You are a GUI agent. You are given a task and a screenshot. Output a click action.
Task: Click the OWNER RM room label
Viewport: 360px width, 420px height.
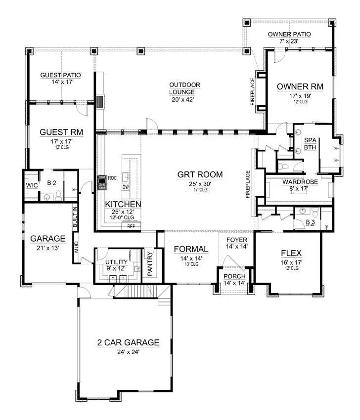[x=300, y=86]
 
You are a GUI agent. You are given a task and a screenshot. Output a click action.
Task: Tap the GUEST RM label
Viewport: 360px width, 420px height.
[x=61, y=132]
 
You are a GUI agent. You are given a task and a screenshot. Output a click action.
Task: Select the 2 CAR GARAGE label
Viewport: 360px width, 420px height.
[x=128, y=342]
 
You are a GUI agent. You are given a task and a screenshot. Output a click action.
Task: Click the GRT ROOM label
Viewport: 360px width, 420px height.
[x=200, y=174]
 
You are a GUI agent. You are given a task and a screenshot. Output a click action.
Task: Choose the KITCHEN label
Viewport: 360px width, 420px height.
[x=124, y=204]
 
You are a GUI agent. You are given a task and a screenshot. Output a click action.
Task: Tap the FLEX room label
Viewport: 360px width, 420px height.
[x=291, y=253]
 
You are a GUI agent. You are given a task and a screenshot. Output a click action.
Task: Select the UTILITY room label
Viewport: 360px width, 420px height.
[x=117, y=261]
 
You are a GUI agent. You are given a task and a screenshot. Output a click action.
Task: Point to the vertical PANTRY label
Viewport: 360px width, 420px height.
[x=150, y=264]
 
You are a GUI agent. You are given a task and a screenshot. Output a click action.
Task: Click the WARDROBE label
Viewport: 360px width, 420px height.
[x=296, y=182]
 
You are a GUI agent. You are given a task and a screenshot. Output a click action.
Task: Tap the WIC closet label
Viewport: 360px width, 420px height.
[x=32, y=185]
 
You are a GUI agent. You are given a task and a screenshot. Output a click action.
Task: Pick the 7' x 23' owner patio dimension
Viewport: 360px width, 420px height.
[x=289, y=42]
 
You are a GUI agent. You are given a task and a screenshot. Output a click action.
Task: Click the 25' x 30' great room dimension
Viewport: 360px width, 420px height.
[x=200, y=184]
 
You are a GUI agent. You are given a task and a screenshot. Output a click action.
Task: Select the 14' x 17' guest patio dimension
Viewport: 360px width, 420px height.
[x=60, y=83]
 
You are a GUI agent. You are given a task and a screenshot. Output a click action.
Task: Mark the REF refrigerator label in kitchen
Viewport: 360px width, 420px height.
[x=131, y=226]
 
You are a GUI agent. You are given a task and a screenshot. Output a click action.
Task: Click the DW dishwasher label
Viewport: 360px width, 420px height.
[x=126, y=187]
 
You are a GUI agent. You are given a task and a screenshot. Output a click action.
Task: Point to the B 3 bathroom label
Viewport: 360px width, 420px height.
[x=310, y=222]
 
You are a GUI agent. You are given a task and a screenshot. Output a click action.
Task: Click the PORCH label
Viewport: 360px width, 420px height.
[x=234, y=276]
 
